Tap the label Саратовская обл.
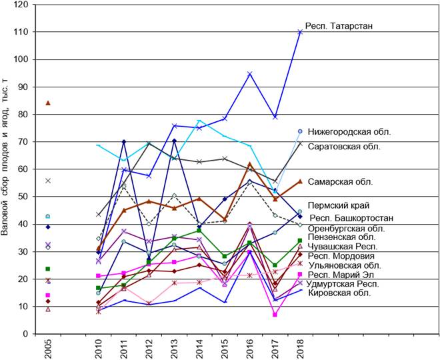click(344, 144)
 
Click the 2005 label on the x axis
click(47, 348)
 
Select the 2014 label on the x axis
click(199, 348)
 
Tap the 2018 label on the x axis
click(300, 348)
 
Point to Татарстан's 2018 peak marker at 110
click(300, 32)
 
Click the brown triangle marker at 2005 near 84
click(47, 103)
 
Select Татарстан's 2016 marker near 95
click(250, 73)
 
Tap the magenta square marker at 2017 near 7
click(275, 315)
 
